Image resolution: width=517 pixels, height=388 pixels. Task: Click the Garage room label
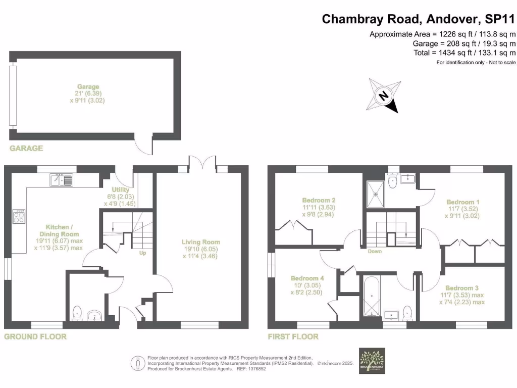[x=88, y=93]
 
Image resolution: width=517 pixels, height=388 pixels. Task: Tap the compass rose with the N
[x=384, y=95]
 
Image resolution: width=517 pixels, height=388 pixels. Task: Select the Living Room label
[x=201, y=249]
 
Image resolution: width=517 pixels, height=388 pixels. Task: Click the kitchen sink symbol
[x=61, y=179]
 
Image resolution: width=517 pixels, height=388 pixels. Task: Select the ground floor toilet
[x=77, y=313]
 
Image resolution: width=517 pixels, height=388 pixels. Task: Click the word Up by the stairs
[x=142, y=253]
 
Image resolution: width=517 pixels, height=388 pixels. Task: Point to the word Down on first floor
[x=375, y=251]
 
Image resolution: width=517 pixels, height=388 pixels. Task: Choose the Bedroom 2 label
[x=319, y=207]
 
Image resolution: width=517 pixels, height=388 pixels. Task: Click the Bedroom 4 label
[x=307, y=285]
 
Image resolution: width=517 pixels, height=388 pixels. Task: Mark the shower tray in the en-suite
[x=376, y=188]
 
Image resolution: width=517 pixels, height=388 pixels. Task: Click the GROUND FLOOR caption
[x=35, y=336]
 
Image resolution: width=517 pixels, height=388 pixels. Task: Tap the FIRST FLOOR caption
[x=294, y=336]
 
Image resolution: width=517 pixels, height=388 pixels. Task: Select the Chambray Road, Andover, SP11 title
[x=419, y=19]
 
